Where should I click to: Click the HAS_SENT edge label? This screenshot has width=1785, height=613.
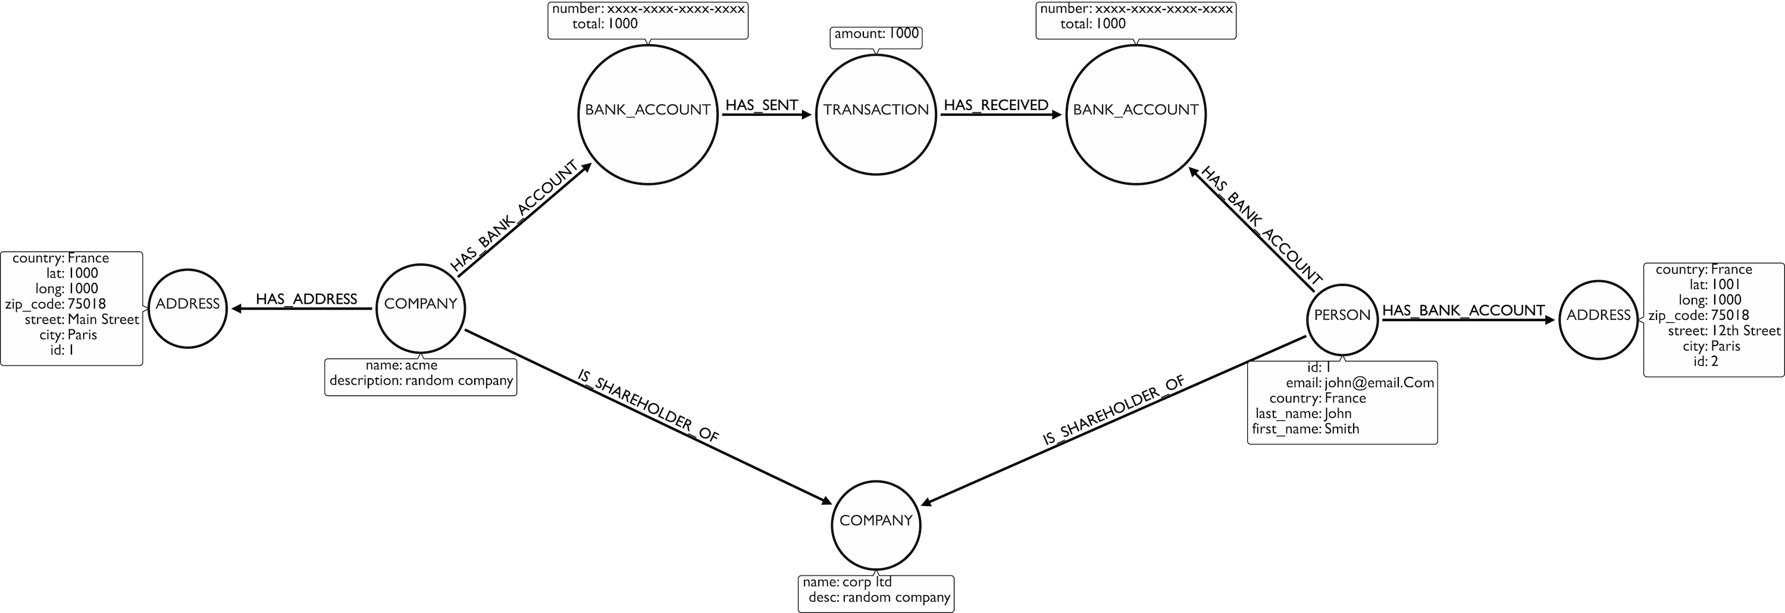coord(762,105)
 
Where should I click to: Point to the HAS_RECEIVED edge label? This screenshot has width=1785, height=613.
coord(996,105)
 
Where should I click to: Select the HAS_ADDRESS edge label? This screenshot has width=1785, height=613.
coord(306,298)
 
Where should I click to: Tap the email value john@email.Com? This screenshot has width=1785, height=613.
coord(1379,383)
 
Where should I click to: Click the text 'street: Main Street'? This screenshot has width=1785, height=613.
coord(82,319)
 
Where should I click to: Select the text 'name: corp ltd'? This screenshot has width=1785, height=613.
coord(847,582)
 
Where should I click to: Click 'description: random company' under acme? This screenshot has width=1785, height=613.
coord(421,381)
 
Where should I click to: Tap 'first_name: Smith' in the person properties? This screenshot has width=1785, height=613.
coord(1305,429)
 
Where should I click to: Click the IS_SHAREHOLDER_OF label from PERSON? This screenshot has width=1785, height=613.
coord(1114,410)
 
